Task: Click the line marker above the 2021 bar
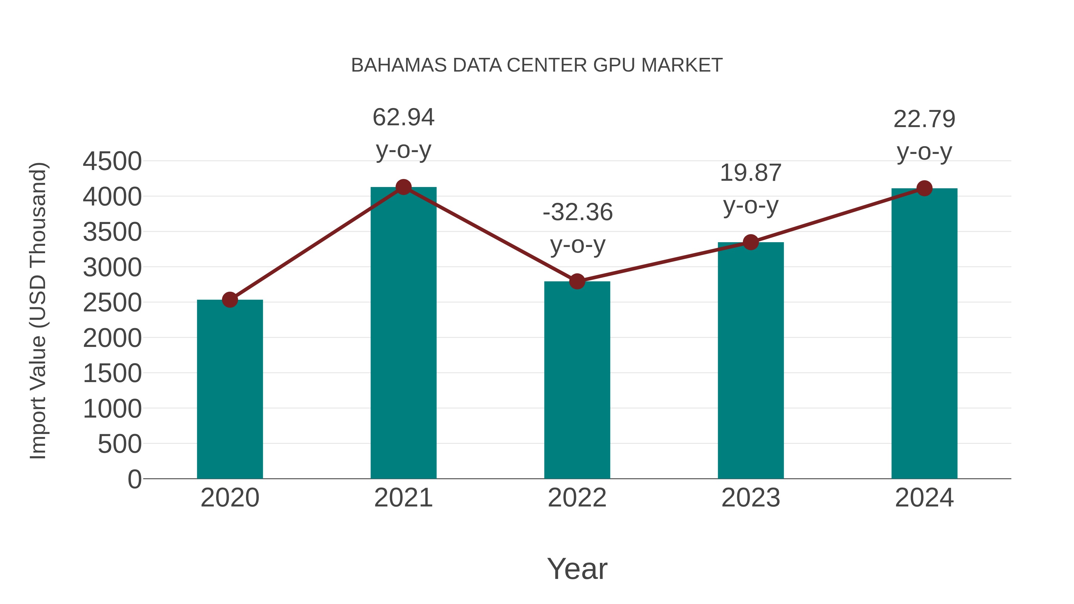pos(403,187)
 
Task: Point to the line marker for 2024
pos(924,189)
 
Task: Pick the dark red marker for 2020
pos(230,300)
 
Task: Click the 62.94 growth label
pos(403,118)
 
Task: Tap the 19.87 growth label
pos(751,173)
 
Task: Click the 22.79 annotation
pos(924,120)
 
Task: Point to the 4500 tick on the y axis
pos(112,161)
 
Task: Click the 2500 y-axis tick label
pos(112,303)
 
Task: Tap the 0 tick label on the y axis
pos(135,479)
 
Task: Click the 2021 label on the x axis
pos(403,498)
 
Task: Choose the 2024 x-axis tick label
pos(924,498)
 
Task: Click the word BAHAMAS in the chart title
pos(399,65)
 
